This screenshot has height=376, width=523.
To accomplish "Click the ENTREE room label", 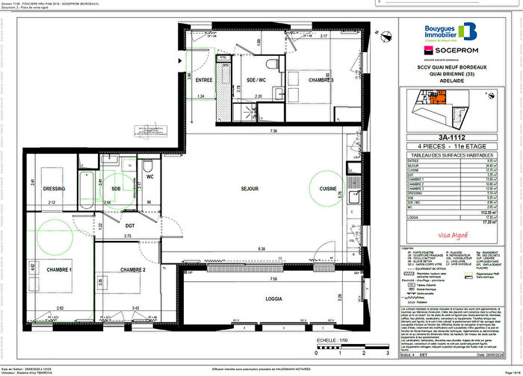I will tap(204, 80).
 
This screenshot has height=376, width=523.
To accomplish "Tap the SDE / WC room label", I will tap(247, 80).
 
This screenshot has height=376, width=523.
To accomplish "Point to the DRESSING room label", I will tap(55, 189).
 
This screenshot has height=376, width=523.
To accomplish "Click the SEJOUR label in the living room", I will tap(249, 189).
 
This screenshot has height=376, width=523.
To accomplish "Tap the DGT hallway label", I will tap(130, 225).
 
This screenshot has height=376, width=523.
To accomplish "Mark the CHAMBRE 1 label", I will tap(58, 270).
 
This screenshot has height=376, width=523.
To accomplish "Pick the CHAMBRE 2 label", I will tap(131, 270).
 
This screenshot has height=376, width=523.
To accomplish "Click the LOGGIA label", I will tap(273, 300).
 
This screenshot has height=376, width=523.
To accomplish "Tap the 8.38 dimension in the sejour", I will tap(261, 248).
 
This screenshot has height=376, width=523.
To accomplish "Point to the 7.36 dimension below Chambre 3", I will tap(274, 131).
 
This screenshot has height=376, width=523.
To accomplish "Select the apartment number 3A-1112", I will tap(457, 137).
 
